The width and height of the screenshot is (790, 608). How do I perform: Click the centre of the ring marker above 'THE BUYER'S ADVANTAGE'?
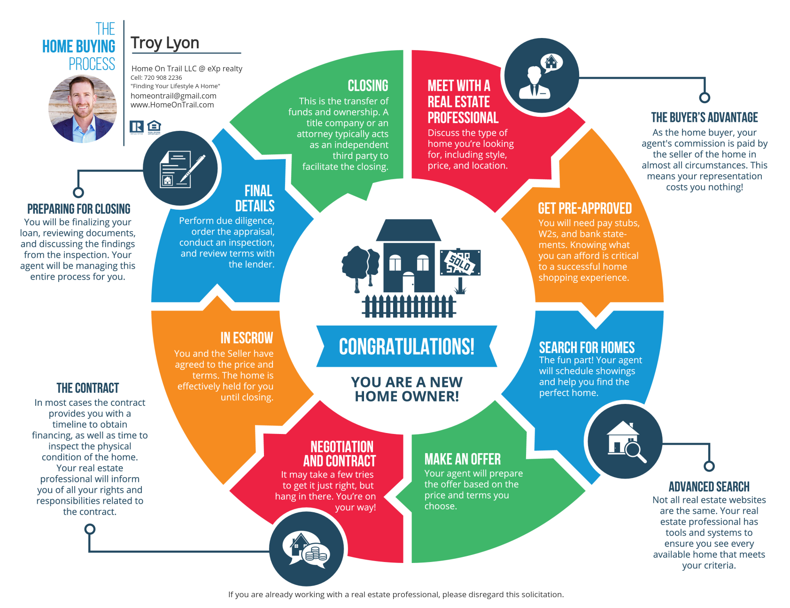click(705, 98)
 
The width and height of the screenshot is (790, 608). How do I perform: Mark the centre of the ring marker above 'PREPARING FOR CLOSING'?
click(78, 192)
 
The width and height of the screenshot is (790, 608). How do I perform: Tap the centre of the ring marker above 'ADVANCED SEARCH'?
click(709, 466)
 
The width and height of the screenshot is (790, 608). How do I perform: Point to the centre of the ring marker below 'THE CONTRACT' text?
click(90, 529)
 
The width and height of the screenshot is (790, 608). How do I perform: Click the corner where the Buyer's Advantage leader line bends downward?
click(705, 78)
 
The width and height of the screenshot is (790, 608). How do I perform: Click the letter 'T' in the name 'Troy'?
click(136, 43)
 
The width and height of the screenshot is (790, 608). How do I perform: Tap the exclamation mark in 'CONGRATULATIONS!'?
click(471, 347)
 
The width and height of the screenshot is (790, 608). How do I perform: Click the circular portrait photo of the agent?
click(83, 109)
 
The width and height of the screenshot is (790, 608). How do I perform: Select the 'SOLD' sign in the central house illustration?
click(460, 263)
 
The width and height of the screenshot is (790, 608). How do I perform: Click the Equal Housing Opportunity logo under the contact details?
click(154, 127)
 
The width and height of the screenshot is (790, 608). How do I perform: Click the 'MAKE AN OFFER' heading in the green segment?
click(463, 459)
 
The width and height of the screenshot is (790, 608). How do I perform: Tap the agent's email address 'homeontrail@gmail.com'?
click(173, 96)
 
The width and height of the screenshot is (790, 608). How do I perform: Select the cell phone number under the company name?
click(156, 77)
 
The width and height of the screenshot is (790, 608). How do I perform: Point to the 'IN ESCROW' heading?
click(247, 338)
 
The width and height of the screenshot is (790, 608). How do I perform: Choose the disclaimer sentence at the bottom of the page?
click(396, 594)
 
